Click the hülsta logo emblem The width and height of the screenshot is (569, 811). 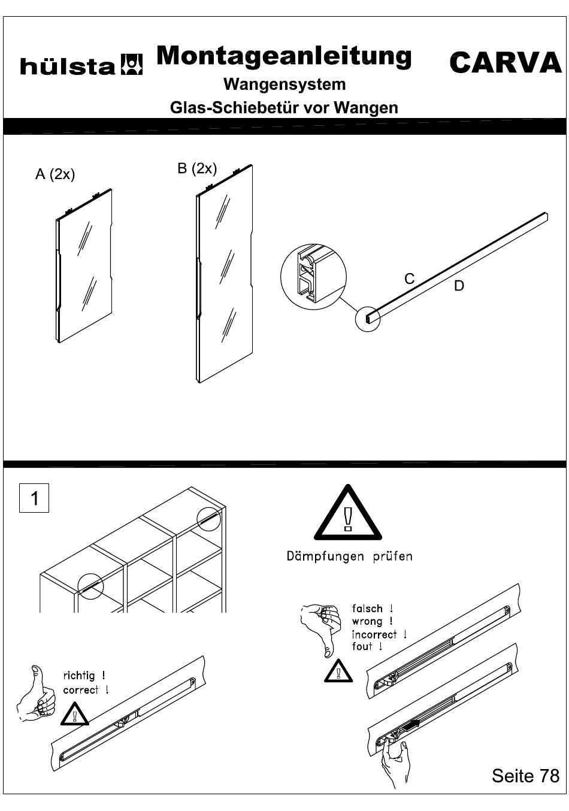pos(131,65)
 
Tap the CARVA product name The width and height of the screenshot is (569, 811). pos(506,62)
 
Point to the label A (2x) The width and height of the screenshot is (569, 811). pos(55,174)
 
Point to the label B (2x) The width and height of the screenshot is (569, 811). pos(197,168)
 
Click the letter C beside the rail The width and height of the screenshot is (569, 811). pos(409,279)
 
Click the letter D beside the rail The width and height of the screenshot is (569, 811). pos(459,286)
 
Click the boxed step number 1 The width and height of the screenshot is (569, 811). pos(34,498)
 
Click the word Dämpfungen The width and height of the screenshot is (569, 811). pos(325,556)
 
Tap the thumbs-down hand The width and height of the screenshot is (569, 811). pos(320,630)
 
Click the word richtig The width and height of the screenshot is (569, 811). pos(79,676)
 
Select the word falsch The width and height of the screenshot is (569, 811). pos(367,609)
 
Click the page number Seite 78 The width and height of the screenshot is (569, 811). pos(525,776)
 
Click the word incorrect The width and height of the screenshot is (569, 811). pos(374,635)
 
